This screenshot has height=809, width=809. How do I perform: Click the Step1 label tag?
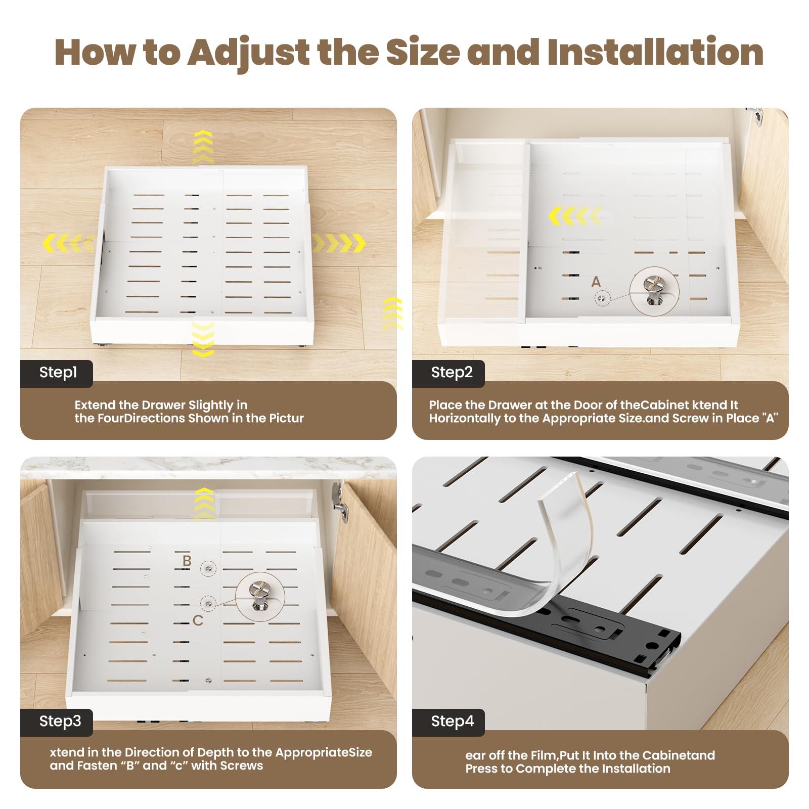(57, 373)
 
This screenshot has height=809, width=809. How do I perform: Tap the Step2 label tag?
(448, 373)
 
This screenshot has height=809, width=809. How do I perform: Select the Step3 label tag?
(57, 722)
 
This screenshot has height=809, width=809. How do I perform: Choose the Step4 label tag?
(448, 722)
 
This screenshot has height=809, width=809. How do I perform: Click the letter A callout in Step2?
(596, 282)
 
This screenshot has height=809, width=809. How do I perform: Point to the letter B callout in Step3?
(187, 561)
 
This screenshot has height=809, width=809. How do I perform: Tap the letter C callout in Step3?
(198, 620)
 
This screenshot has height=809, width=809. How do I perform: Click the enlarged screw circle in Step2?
(654, 292)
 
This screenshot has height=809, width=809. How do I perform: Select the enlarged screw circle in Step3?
(260, 597)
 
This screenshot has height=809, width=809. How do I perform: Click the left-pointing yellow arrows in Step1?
(68, 243)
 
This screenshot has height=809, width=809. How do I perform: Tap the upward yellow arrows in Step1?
(203, 147)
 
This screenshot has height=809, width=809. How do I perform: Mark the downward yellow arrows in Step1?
(203, 340)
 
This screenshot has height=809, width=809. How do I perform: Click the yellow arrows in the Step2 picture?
(575, 216)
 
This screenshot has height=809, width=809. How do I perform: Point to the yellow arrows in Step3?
(204, 503)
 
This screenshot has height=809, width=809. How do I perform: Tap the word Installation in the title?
(655, 53)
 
